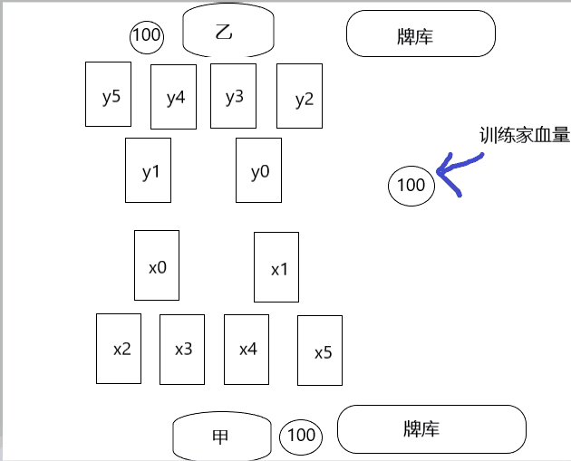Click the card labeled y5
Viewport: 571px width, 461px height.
pos(109,96)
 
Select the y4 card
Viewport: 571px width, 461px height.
pos(174,98)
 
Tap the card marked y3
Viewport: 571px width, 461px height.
pos(234,96)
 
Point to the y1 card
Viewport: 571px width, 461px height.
pos(149,169)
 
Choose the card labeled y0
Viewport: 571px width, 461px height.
pos(258,169)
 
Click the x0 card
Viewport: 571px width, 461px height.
pos(157,265)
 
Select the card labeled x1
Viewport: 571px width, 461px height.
pos(276,267)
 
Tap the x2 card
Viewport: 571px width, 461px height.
pos(121,348)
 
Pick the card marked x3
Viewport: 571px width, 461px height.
pos(182,348)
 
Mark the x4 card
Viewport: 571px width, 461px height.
pos(247,348)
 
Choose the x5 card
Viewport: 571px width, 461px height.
pos(320,351)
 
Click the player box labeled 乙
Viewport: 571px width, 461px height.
pos(227,32)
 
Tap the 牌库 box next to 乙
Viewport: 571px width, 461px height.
pos(421,35)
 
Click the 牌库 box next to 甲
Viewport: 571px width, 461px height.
pos(431,429)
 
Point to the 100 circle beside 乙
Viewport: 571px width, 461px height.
pos(147,36)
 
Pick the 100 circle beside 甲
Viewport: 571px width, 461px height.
pos(300,436)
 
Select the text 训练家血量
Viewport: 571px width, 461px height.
pos(524,136)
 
